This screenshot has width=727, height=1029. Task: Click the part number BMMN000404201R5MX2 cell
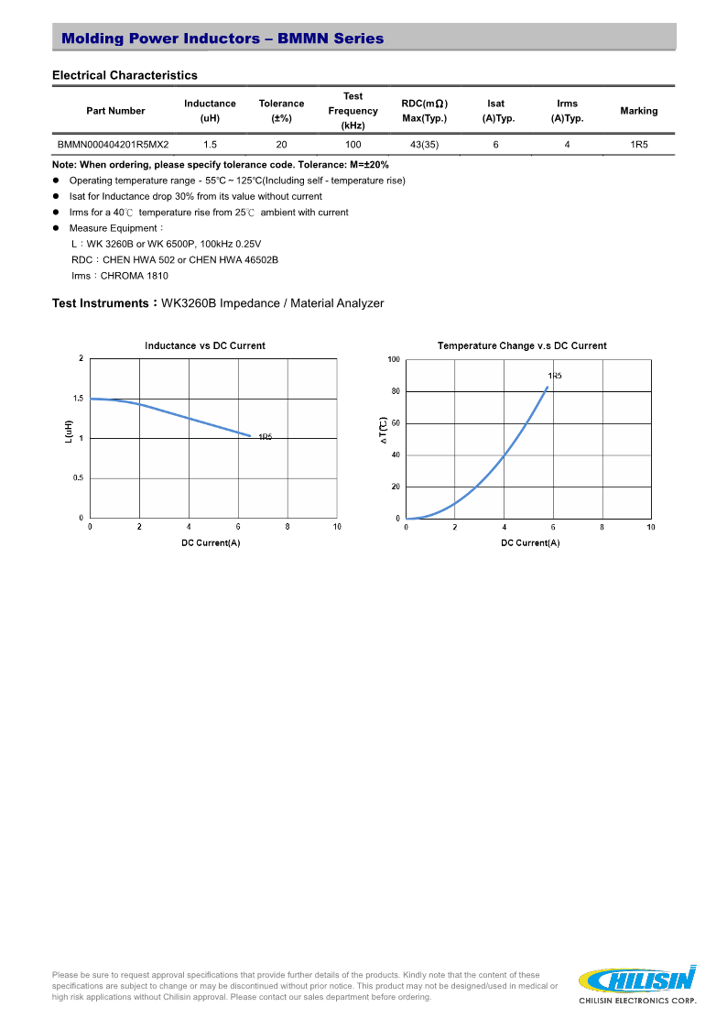[x=113, y=145]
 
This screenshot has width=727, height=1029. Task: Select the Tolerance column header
[x=281, y=111]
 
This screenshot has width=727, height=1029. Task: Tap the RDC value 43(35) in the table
[x=424, y=145]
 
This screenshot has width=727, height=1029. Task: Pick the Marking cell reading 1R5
[x=638, y=145]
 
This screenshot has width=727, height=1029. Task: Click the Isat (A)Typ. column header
[x=495, y=111]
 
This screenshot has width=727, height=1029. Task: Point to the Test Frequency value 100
[x=353, y=145]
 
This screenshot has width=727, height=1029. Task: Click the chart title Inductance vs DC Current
[x=205, y=345]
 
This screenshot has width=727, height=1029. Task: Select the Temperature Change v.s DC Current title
[x=522, y=345]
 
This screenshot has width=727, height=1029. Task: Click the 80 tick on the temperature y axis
[x=396, y=391]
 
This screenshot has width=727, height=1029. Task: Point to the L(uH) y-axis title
[x=69, y=432]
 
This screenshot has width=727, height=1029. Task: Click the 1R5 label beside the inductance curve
[x=265, y=437]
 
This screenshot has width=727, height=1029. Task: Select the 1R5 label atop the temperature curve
[x=555, y=376]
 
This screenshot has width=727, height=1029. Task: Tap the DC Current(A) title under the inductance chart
[x=211, y=543]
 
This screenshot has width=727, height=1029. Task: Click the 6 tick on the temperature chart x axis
[x=553, y=527]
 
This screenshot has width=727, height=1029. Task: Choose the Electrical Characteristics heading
[x=125, y=75]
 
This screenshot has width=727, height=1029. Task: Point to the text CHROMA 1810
[x=135, y=276]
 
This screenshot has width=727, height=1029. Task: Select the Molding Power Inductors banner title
[x=222, y=38]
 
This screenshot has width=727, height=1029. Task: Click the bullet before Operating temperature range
[x=57, y=181]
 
